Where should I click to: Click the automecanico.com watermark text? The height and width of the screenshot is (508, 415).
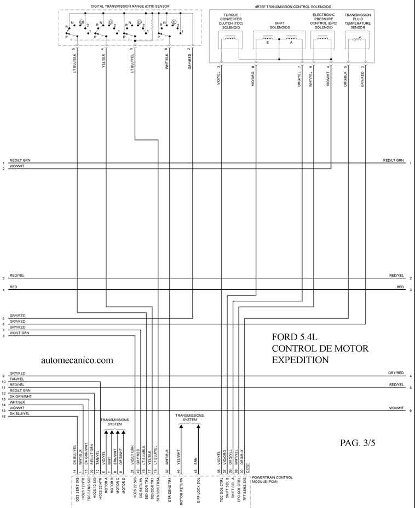[x=77, y=360]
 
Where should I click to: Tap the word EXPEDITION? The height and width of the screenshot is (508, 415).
[x=300, y=360]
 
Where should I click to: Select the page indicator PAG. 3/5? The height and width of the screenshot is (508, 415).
[x=358, y=443]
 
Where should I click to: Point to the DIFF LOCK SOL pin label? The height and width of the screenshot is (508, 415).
[x=198, y=490]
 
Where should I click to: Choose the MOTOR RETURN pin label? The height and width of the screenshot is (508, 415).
[x=181, y=490]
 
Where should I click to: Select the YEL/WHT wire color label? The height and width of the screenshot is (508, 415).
[x=178, y=456]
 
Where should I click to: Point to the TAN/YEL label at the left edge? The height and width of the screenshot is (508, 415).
[x=17, y=379]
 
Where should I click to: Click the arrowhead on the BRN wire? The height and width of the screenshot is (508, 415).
[x=198, y=427]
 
